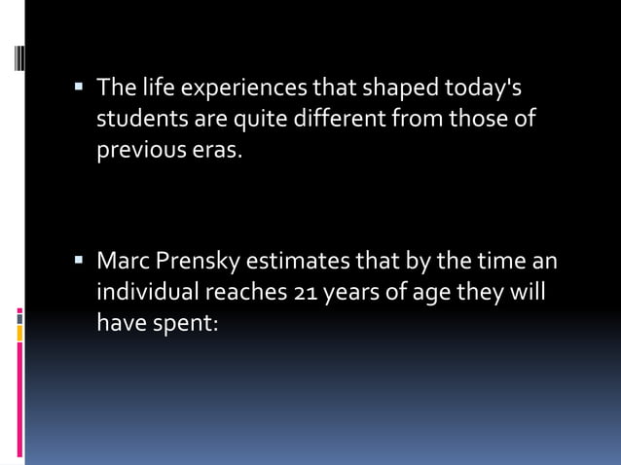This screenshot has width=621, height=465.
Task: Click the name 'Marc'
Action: pyautogui.click(x=120, y=261)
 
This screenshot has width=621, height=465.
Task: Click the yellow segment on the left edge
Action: pyautogui.click(x=18, y=334)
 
